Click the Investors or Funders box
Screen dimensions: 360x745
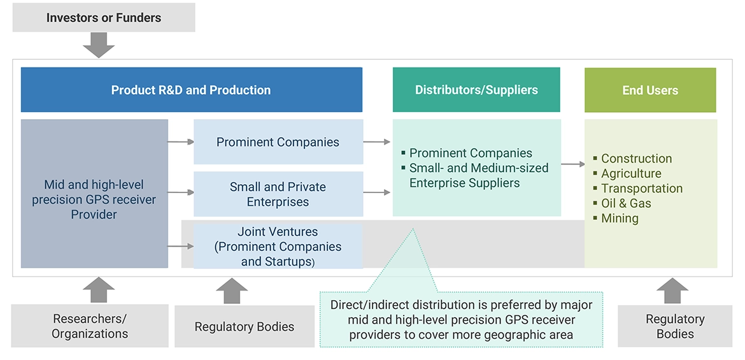pos(103,17)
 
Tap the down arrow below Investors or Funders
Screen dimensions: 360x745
pos(99,45)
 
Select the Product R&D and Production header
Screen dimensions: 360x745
pos(191,90)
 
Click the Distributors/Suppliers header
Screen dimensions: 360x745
pos(476,90)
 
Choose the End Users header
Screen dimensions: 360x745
pos(650,90)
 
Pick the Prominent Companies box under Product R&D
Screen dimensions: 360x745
pos(278,142)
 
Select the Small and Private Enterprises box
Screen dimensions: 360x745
pos(278,194)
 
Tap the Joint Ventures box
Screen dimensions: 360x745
pos(278,247)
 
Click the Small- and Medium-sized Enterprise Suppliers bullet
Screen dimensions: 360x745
pos(478,175)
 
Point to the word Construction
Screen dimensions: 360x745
pos(636,159)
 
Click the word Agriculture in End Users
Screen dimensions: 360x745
pos(631,173)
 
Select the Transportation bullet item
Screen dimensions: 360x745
pos(641,189)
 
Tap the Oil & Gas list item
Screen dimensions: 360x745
pos(626,203)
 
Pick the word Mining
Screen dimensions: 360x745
pos(620,218)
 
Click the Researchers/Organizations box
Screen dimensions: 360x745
pos(90,326)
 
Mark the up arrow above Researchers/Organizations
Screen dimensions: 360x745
pos(99,290)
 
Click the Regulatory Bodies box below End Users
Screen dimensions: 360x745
pos(675,326)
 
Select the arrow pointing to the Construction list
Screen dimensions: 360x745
pos(573,164)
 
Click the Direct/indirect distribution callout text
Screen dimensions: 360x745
pos(461,320)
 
